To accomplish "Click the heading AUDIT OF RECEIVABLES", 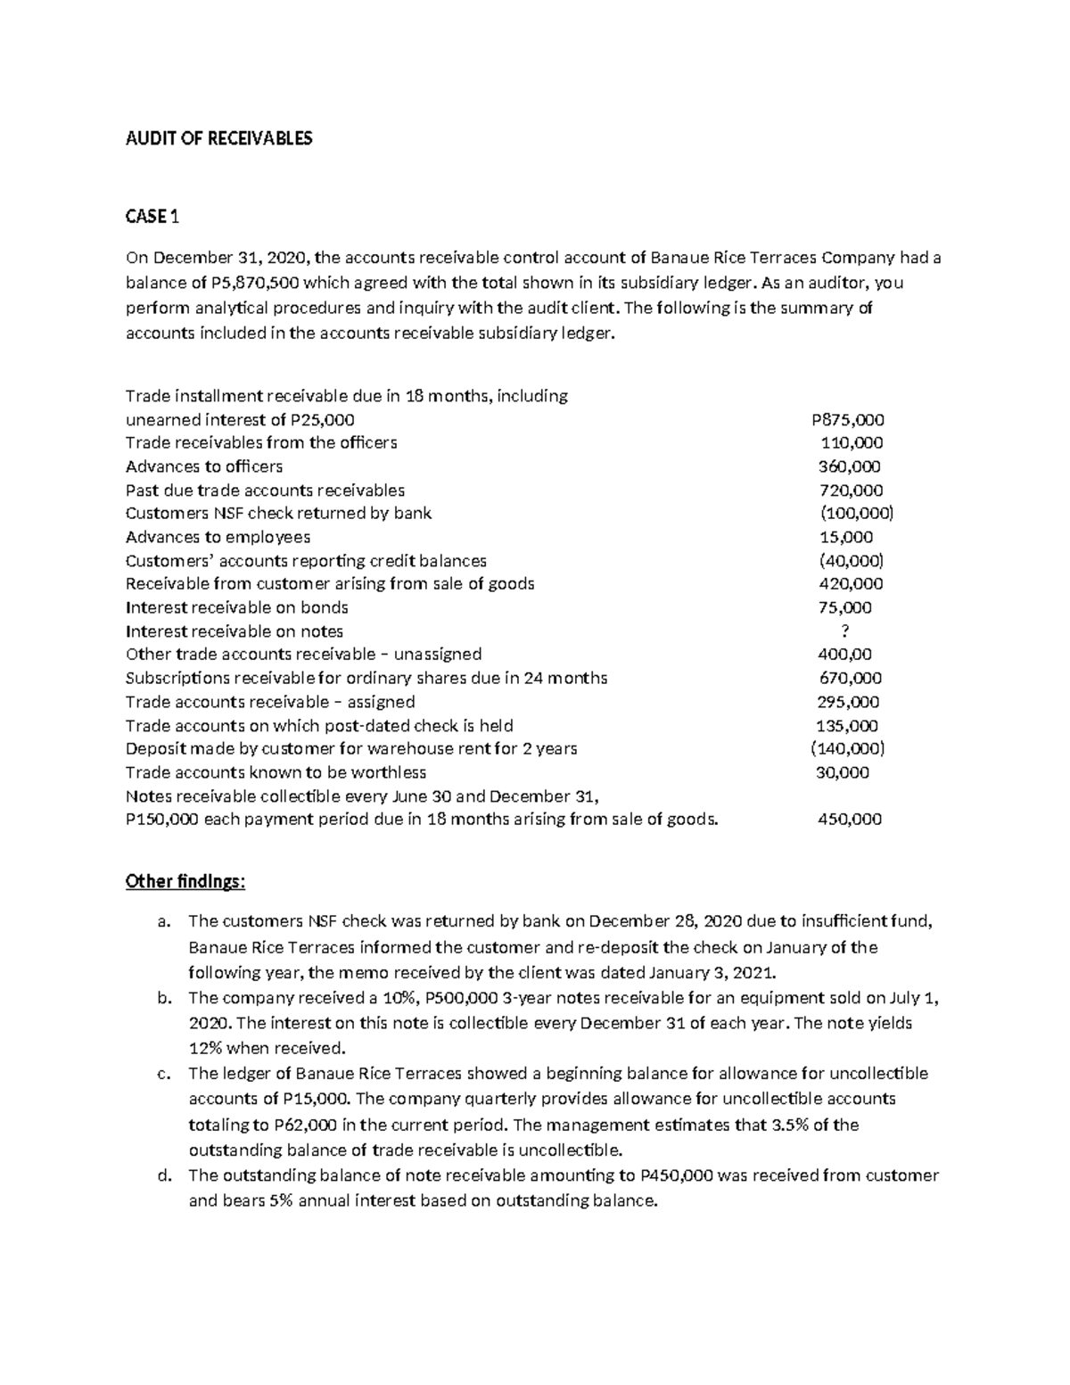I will tap(218, 138).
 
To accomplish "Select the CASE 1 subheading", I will tap(152, 217).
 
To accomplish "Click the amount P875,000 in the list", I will tap(847, 420).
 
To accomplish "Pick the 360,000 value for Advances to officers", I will tap(849, 466).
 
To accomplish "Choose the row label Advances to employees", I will tap(218, 537).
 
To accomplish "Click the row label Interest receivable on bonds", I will tap(236, 607).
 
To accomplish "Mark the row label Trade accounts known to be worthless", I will tap(276, 772).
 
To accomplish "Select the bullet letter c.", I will tap(162, 1074).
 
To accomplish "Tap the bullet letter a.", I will tap(162, 922).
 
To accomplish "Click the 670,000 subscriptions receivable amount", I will tap(851, 679).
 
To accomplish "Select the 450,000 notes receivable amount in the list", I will tap(849, 820).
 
